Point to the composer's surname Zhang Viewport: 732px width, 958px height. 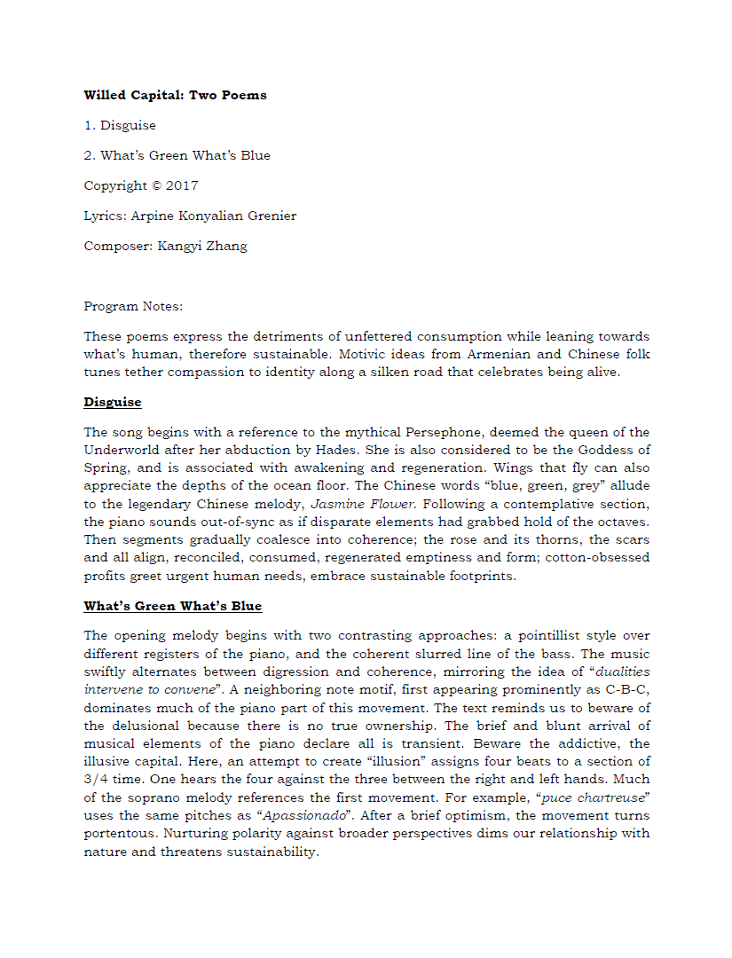click(227, 246)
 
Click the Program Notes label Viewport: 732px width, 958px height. click(133, 306)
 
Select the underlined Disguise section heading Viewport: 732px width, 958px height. click(113, 402)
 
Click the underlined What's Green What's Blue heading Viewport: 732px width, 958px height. click(173, 606)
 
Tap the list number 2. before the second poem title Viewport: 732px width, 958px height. click(90, 155)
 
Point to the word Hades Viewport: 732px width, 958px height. click(330, 450)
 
